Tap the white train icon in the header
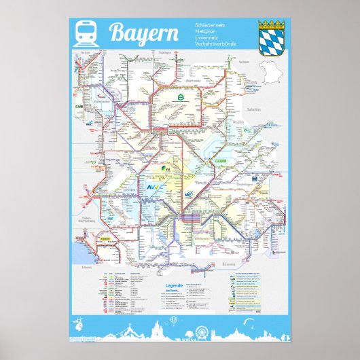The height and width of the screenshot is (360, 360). pyautogui.click(x=88, y=32)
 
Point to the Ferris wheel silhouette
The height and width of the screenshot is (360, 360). pyautogui.click(x=202, y=333)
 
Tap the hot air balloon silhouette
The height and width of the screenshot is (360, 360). pyautogui.click(x=174, y=320)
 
